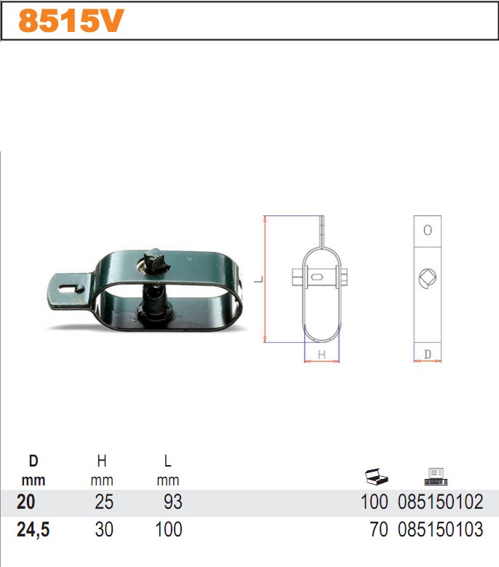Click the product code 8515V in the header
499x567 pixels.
(66, 22)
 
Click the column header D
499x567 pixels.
(33, 461)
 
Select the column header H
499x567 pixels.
(101, 461)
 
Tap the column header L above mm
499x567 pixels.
(168, 461)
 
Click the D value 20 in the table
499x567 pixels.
(25, 502)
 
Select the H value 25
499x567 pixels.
(104, 502)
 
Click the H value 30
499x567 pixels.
(104, 530)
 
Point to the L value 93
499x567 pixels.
(173, 502)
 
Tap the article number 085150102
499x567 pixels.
(441, 502)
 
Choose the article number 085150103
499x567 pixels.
(441, 530)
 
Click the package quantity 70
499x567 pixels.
(379, 530)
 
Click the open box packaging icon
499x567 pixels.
(377, 477)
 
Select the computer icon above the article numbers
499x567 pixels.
(436, 476)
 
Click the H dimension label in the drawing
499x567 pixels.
(321, 354)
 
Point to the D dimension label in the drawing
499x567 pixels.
(427, 354)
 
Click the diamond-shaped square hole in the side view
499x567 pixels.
(427, 277)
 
